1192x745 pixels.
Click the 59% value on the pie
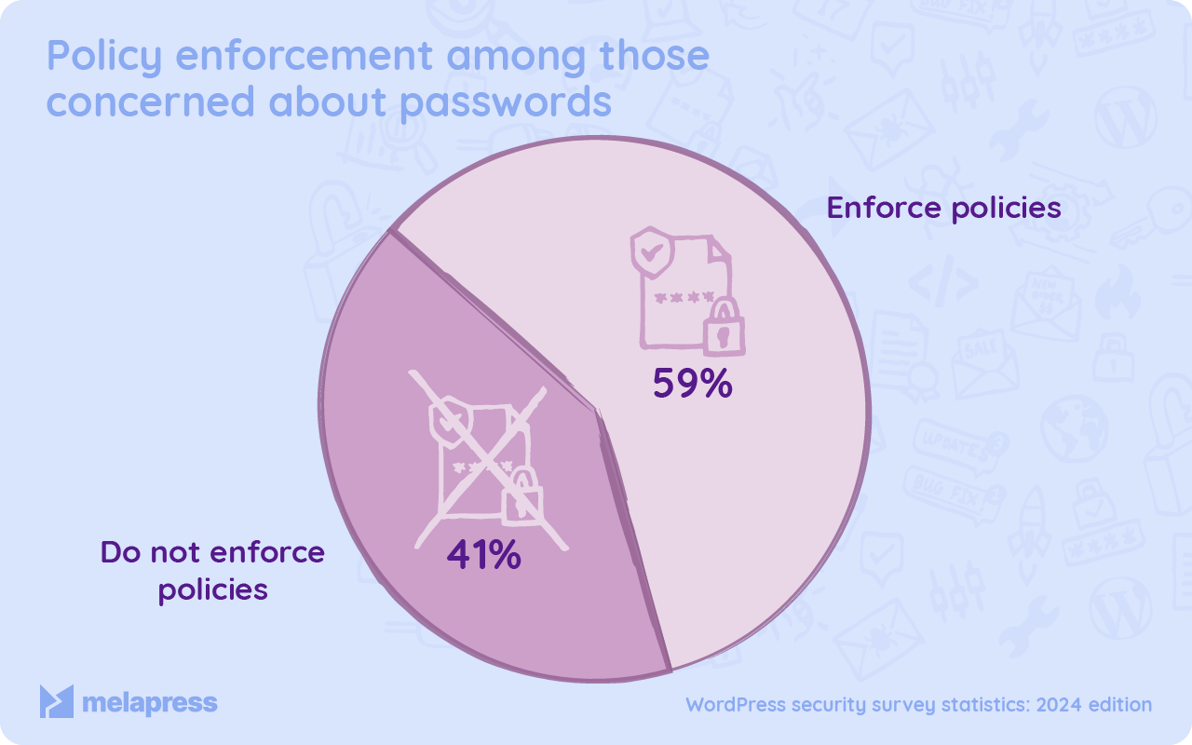coord(692,384)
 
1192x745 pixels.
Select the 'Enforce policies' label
coord(944,207)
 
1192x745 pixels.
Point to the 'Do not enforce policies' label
coord(212,570)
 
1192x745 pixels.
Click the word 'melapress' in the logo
coord(149,702)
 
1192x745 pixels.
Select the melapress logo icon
coord(56,701)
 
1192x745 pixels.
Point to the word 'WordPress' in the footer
coord(735,705)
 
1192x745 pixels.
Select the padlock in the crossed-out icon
coord(521,498)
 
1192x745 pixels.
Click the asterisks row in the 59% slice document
coord(684,298)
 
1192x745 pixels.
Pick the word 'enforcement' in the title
coord(304,58)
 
